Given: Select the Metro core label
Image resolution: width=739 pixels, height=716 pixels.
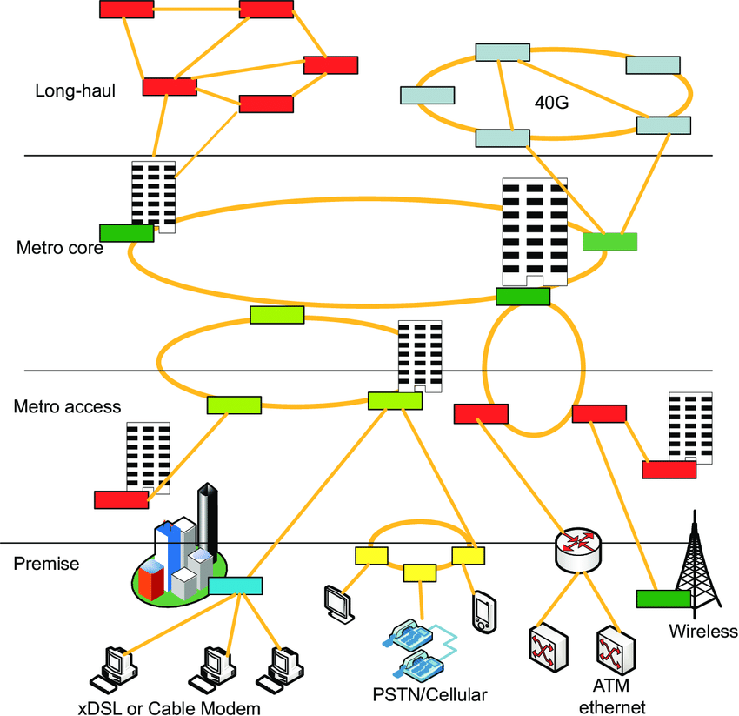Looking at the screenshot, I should [x=60, y=248].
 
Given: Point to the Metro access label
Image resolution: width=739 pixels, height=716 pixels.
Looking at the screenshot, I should [x=67, y=406].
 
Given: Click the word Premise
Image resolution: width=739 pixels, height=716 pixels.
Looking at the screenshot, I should [x=46, y=564].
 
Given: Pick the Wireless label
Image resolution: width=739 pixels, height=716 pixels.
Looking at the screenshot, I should [x=702, y=632].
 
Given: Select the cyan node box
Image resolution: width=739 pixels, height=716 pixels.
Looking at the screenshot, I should [x=236, y=586].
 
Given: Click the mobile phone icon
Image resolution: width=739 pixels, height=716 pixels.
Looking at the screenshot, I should [x=483, y=611].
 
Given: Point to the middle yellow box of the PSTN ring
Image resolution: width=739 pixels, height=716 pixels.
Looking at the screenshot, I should [x=420, y=572].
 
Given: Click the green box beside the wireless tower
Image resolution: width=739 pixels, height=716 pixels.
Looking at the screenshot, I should [x=663, y=599].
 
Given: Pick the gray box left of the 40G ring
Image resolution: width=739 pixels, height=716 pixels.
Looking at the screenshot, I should [x=426, y=94].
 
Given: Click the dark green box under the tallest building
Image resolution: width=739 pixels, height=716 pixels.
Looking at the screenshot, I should [x=523, y=297].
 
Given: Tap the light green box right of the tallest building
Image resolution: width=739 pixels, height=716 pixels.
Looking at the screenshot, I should [x=609, y=241].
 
